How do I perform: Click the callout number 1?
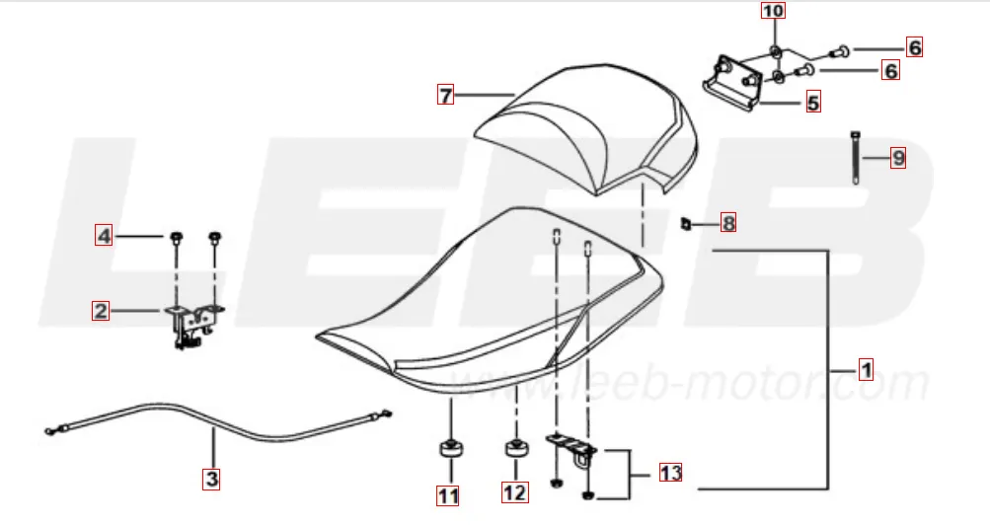point(867,369)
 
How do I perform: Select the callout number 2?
point(101,311)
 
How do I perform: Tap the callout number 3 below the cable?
point(212,478)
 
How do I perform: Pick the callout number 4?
point(105,236)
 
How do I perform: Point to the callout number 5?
point(813,103)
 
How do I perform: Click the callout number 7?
point(446,95)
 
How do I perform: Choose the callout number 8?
point(728,222)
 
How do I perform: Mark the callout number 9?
point(898,157)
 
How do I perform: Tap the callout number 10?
point(774,11)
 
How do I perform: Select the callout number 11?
point(448,495)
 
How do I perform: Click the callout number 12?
point(514,491)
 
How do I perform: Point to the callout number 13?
point(670,472)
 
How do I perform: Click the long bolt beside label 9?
point(856,157)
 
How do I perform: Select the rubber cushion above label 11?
point(451,449)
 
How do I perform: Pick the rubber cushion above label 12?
point(516,448)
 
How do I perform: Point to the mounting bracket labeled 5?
point(732,85)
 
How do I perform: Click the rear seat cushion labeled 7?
point(587,126)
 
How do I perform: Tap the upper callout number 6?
point(914,47)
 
